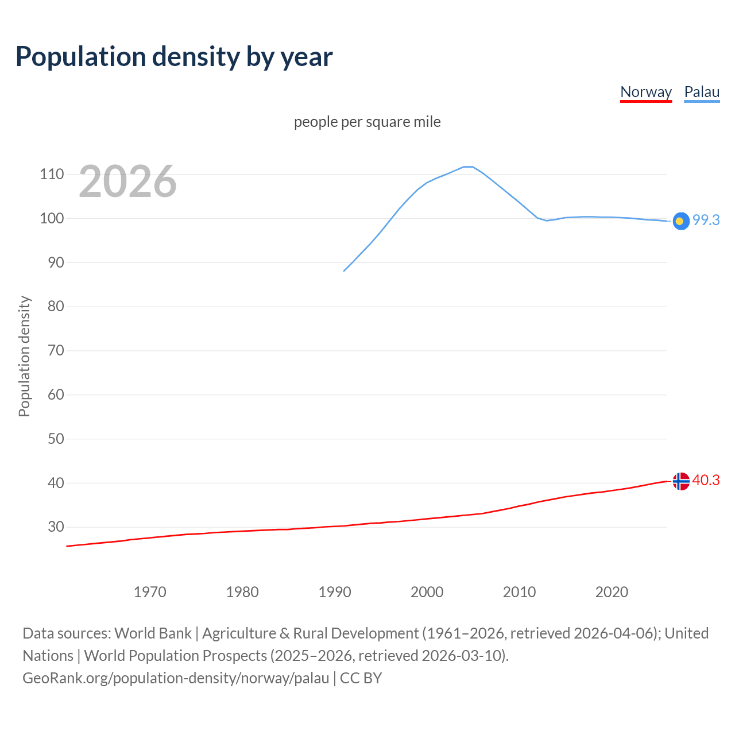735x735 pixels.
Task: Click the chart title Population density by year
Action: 174,56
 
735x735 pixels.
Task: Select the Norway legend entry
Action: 646,92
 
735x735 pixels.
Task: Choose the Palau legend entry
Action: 702,92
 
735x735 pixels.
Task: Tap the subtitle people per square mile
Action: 367,122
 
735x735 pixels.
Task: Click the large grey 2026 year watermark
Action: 127,181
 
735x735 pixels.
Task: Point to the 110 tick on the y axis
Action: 52,174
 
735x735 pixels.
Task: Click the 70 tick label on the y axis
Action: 56,350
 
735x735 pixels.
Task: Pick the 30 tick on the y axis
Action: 56,527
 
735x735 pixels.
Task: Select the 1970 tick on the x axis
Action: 150,592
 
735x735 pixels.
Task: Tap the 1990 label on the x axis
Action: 335,592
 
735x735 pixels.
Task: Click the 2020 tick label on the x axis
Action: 612,592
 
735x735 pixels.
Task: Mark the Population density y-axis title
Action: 24,356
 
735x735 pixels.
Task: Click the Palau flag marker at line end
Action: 680,221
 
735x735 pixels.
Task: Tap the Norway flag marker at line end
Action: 680,481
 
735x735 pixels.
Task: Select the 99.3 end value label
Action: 706,220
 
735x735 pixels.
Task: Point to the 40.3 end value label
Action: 706,480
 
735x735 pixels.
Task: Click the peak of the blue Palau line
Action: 468,167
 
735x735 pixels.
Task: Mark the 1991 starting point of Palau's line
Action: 344,271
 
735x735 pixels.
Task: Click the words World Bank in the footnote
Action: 153,633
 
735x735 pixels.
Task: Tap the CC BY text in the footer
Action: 361,678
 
